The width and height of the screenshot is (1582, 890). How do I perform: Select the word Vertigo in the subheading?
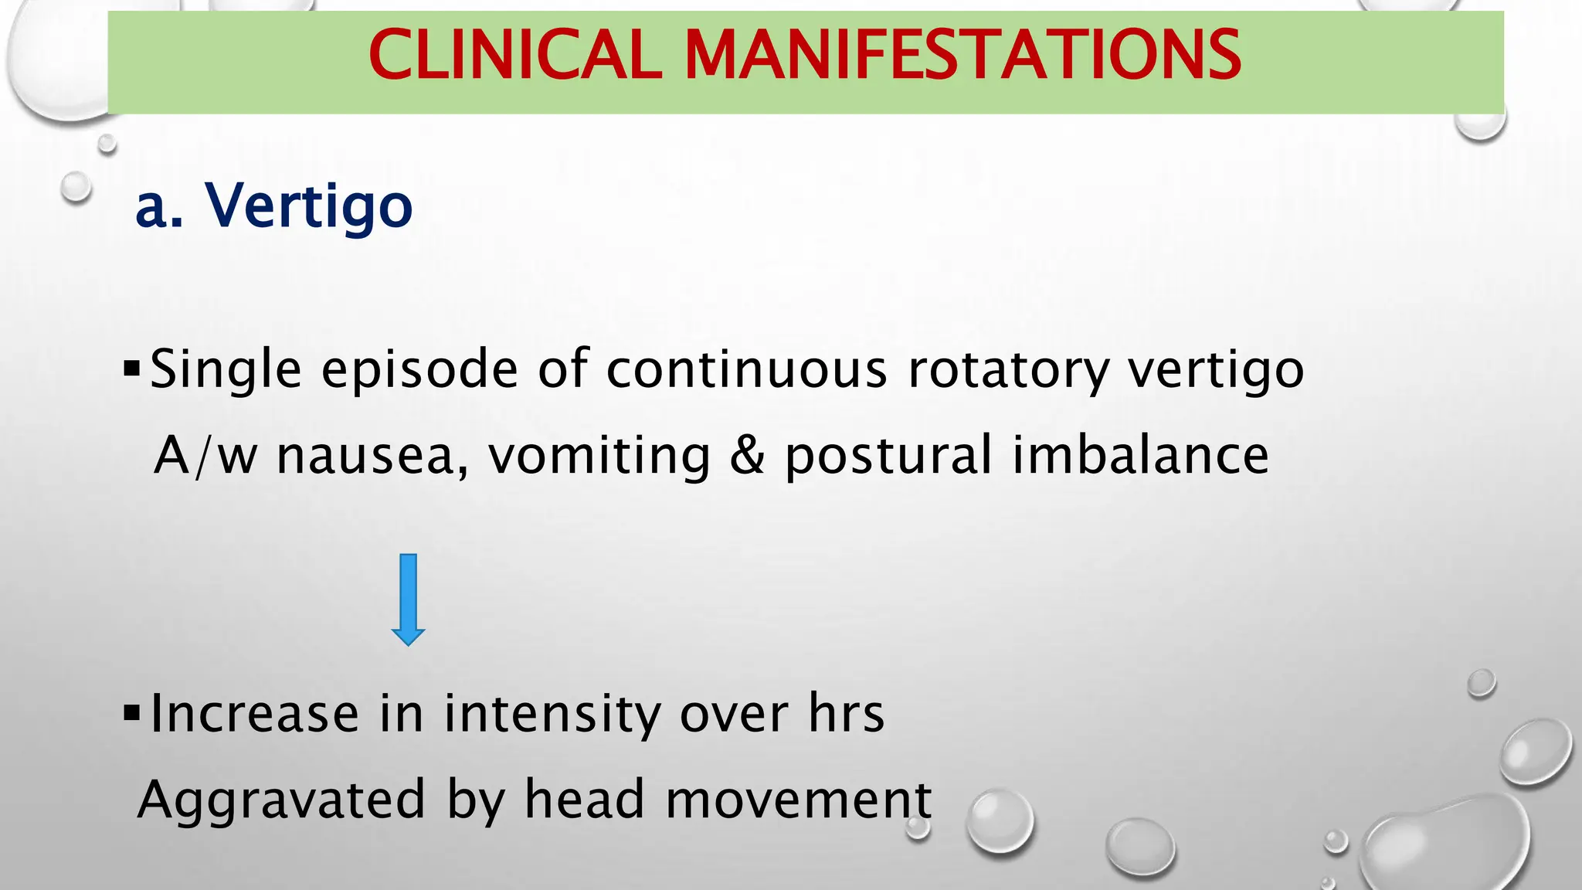click(x=308, y=206)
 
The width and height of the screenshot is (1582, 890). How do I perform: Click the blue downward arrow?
click(x=408, y=600)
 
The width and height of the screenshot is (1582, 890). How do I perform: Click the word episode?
click(x=419, y=370)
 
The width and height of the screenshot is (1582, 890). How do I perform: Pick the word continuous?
click(x=746, y=370)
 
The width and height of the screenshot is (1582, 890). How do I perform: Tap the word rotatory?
click(x=1009, y=370)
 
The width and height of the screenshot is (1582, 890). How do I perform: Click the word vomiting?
click(x=599, y=455)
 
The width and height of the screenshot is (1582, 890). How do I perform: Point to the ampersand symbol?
click(x=747, y=455)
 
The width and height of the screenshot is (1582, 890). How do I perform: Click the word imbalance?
click(x=1140, y=455)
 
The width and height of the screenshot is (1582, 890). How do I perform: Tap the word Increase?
click(x=255, y=713)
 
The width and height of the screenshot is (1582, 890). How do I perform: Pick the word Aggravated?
click(x=282, y=800)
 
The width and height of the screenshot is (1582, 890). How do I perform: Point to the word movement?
click(x=799, y=800)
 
